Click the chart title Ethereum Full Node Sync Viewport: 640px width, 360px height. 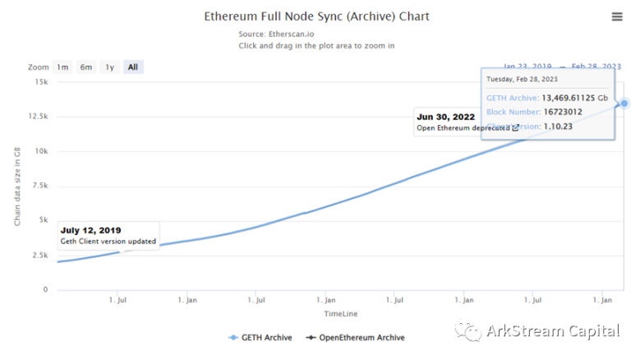316,16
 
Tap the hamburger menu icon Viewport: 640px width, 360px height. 617,16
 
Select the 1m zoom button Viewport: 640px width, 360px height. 62,67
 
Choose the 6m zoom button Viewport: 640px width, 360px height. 85,67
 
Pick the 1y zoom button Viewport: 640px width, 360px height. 109,67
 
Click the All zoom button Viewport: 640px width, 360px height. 133,67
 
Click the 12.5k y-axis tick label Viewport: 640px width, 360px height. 37,117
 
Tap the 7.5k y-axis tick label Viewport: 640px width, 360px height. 39,186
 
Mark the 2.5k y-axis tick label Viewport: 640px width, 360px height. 39,256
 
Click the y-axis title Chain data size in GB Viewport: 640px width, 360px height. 17,184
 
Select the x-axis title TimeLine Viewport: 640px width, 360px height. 340,314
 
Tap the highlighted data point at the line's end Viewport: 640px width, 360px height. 624,104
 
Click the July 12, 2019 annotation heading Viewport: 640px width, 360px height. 90,230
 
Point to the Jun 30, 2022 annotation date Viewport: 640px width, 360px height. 446,117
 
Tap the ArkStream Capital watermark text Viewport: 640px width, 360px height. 552,331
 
